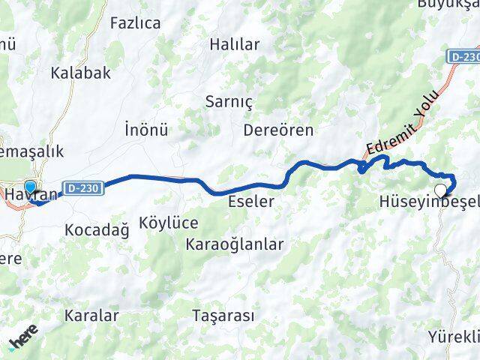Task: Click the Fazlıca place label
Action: point(135,23)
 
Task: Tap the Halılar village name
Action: point(235,45)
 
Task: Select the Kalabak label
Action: point(81,73)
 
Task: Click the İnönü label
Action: point(145,129)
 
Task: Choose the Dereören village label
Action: point(278,130)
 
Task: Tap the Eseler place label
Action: point(251,201)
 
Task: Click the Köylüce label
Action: point(169,223)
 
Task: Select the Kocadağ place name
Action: point(97,229)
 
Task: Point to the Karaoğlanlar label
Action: point(235,244)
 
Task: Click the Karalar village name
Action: point(91,315)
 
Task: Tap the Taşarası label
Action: point(223,315)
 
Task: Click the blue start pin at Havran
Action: point(30,187)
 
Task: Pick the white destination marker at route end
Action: point(442,190)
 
